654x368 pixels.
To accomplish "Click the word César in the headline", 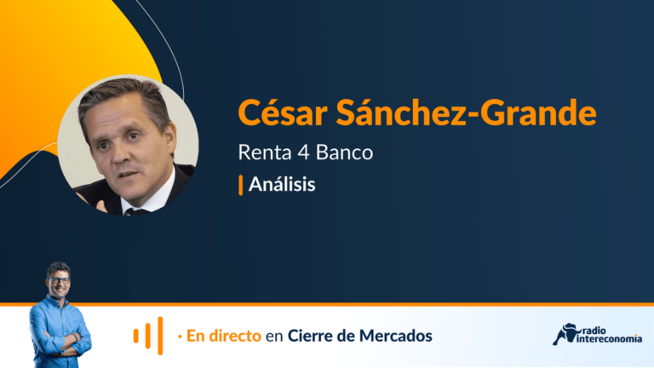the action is coord(283,112).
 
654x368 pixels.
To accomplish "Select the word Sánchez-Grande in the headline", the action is coord(467,112).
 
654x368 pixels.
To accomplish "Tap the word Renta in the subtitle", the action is coord(265,152).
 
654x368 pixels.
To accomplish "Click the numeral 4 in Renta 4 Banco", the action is coord(303,152).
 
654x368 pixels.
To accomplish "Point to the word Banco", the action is coord(344,152).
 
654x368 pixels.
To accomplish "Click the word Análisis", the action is coord(282,184).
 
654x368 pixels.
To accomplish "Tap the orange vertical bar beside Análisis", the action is coord(241,185).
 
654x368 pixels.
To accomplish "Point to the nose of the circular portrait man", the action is coord(122,153).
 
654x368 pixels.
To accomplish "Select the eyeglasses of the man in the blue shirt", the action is coord(60,280).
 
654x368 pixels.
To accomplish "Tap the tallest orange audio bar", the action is coord(160,336).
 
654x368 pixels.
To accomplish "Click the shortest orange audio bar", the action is coord(136,336).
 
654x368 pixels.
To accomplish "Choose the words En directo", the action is coord(224,336).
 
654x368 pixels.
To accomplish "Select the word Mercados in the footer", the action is coord(395,336).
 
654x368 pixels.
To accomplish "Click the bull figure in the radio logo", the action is coord(566,334).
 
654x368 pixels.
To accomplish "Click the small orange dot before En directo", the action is coord(180,336).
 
